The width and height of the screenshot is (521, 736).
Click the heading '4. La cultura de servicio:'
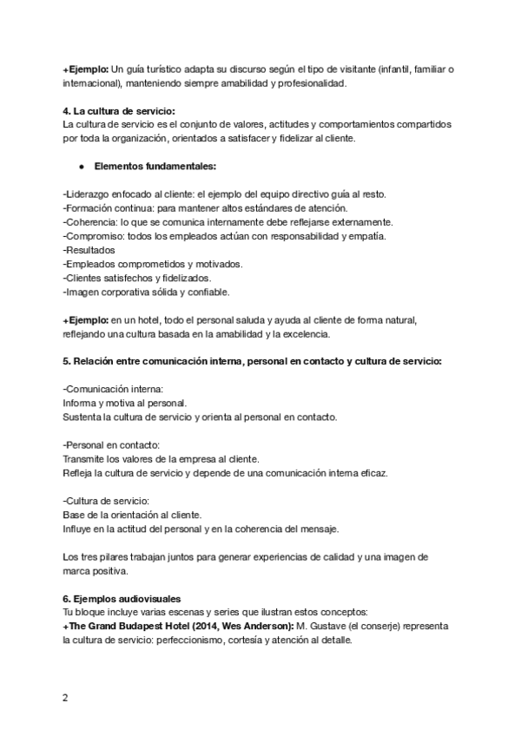(x=119, y=110)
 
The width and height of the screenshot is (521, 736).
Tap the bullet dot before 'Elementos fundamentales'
(x=80, y=166)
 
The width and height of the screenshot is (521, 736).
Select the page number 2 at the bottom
(x=65, y=697)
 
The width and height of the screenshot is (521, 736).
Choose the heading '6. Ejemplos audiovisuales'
(x=122, y=599)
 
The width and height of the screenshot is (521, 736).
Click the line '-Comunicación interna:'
(x=113, y=389)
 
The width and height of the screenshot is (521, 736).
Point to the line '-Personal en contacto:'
(x=111, y=444)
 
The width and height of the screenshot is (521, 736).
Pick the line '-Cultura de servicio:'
(x=107, y=501)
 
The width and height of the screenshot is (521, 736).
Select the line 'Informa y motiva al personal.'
(x=125, y=403)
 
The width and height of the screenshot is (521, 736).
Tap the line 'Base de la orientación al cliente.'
(x=132, y=515)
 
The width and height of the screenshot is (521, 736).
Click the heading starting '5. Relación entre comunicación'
(x=252, y=361)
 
